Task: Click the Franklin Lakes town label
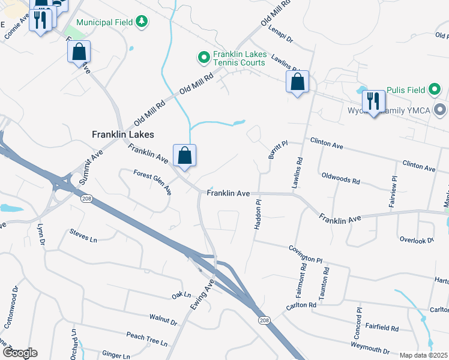point(123,134)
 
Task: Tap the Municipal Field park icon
point(142,22)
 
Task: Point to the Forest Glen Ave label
point(152,182)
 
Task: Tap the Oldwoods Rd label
point(340,179)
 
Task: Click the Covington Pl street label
point(305,254)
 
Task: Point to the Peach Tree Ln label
point(146,338)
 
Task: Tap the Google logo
point(19,353)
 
